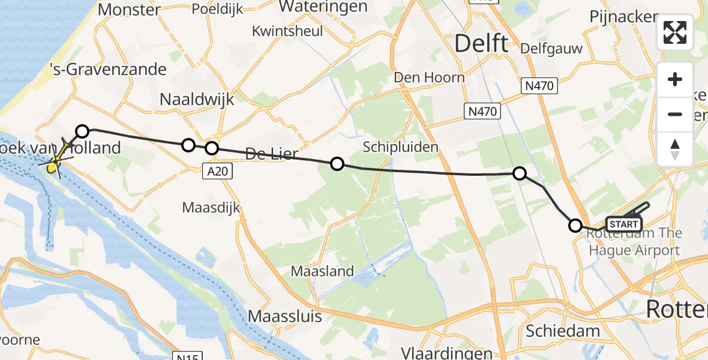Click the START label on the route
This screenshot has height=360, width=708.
tap(624, 224)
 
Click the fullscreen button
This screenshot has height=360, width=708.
tap(675, 32)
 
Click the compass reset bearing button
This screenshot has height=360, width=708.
tap(675, 149)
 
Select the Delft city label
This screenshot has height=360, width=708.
tap(481, 43)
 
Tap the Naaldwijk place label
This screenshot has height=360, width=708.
tap(197, 100)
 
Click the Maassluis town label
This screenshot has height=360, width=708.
tap(285, 316)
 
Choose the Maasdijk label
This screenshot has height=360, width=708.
tap(211, 208)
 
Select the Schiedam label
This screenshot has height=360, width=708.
tap(562, 331)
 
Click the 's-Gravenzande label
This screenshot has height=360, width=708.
tap(108, 69)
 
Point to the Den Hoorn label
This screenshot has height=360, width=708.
tap(429, 77)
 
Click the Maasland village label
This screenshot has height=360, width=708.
tap(322, 271)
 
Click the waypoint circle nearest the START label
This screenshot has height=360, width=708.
tap(575, 226)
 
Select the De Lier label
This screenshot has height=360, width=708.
tap(272, 155)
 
